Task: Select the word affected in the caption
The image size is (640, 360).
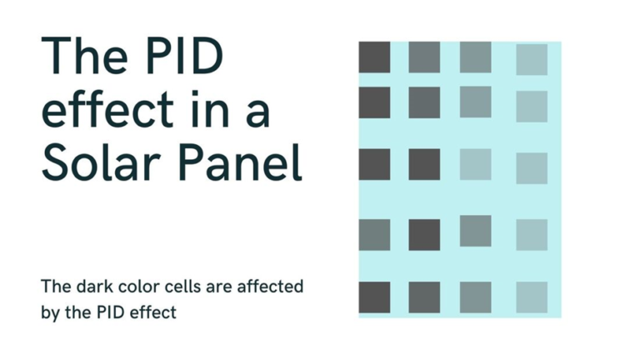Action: (271, 287)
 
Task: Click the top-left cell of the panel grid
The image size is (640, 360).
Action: (374, 57)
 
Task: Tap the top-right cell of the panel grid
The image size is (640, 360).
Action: (531, 60)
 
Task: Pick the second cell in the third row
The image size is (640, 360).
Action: (424, 164)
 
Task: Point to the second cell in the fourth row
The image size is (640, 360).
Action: (424, 234)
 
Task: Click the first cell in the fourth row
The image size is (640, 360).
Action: (374, 234)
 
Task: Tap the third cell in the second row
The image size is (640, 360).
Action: (475, 102)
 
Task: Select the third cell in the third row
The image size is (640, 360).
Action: (475, 164)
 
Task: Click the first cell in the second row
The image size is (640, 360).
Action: (374, 102)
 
